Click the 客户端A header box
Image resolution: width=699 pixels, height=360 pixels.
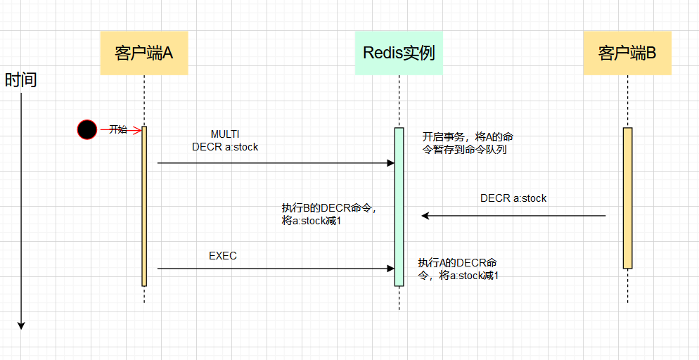pyautogui.click(x=144, y=53)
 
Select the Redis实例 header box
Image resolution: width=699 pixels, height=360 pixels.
pyautogui.click(x=399, y=53)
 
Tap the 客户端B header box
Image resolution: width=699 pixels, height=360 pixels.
pyautogui.click(x=627, y=53)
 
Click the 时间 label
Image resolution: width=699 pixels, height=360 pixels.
pyautogui.click(x=20, y=80)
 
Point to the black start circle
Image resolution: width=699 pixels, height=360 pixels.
pyautogui.click(x=87, y=129)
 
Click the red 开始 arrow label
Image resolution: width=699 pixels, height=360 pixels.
pyautogui.click(x=118, y=129)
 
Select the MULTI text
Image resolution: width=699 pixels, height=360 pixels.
pyautogui.click(x=225, y=134)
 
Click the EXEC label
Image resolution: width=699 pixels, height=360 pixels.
pyautogui.click(x=223, y=256)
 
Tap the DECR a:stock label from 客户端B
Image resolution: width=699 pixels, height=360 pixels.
pyautogui.click(x=513, y=198)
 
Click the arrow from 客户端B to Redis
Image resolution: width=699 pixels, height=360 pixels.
pyautogui.click(x=513, y=216)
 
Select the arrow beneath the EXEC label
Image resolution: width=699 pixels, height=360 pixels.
pyautogui.click(x=274, y=268)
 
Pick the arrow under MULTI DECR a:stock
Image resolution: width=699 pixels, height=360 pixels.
pyautogui.click(x=274, y=163)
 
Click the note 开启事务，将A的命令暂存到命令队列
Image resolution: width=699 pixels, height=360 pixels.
pyautogui.click(x=467, y=143)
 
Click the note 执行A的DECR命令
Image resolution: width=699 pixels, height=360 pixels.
pyautogui.click(x=458, y=269)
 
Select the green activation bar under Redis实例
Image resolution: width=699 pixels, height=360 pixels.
pyautogui.click(x=399, y=207)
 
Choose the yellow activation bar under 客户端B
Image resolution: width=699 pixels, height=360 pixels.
pyautogui.click(x=627, y=198)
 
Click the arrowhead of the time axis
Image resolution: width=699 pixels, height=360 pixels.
pyautogui.click(x=21, y=325)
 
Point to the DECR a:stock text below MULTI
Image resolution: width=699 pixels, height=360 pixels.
pyautogui.click(x=225, y=147)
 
